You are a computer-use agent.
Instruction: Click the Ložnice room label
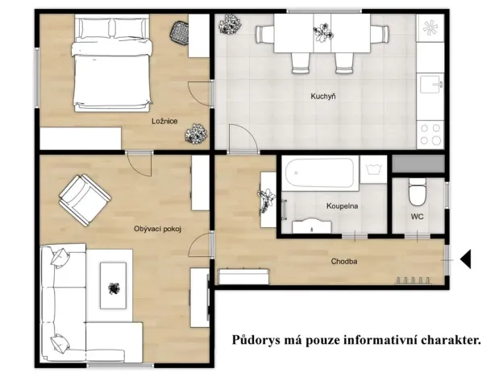(x=164, y=122)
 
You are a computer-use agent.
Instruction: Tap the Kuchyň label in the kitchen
(x=323, y=97)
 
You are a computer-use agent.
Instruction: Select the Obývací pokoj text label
(x=157, y=229)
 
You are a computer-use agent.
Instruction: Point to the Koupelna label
(x=342, y=206)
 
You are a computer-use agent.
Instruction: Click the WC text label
(x=417, y=217)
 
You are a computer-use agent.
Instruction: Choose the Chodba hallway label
(x=344, y=262)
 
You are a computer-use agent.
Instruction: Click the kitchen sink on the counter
(x=430, y=83)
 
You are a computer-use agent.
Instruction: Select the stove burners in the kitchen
(x=430, y=133)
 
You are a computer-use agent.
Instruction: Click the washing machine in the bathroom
(x=373, y=170)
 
